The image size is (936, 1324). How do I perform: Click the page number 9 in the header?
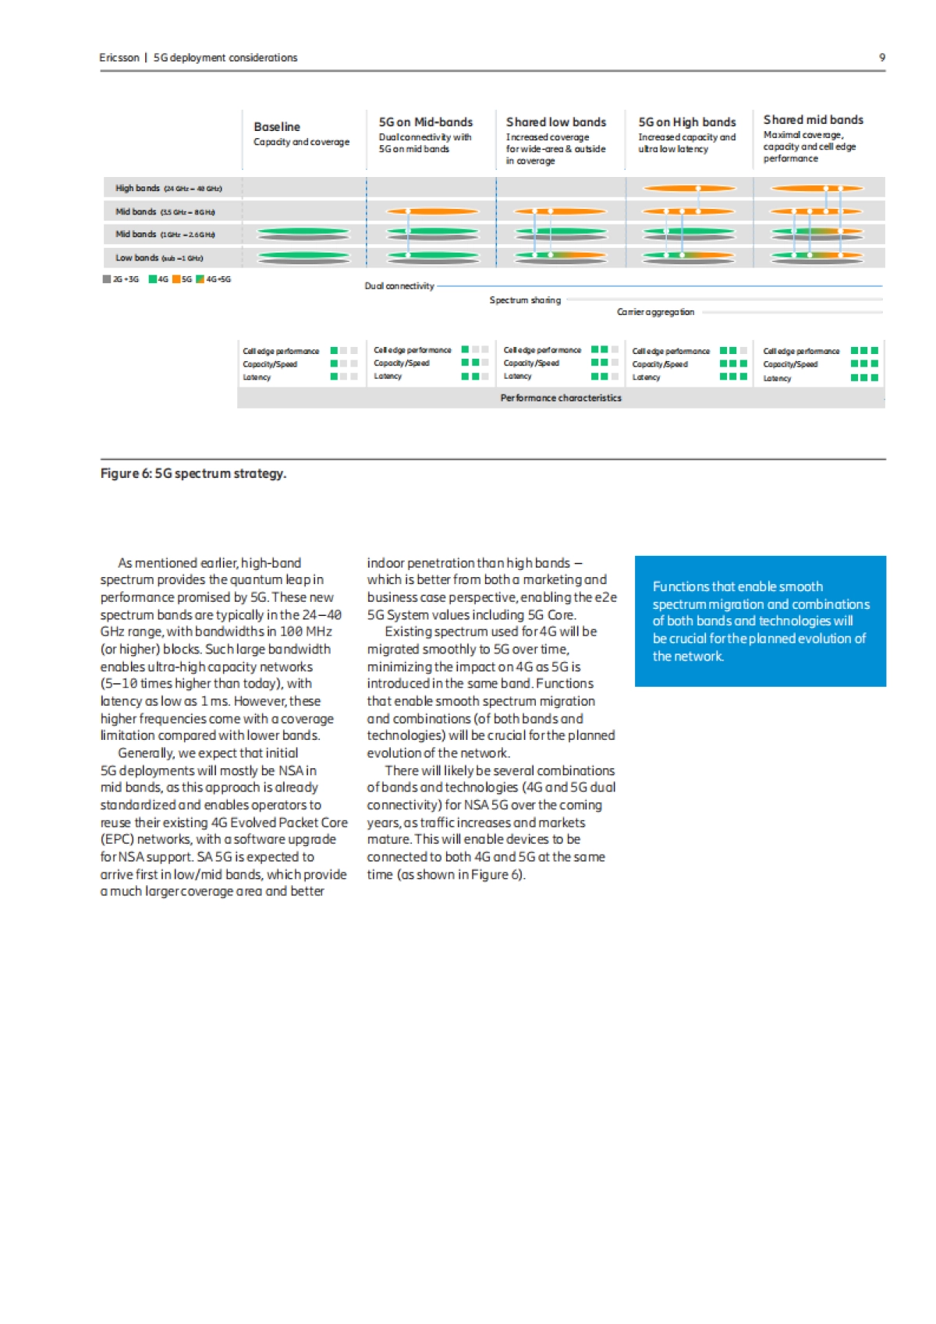[882, 57]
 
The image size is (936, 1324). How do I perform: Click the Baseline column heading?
[277, 126]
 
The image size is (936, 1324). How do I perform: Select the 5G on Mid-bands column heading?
[425, 122]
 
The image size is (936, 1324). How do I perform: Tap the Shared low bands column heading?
[555, 122]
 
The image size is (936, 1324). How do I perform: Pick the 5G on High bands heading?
[686, 122]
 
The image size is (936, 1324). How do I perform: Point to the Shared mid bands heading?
[813, 119]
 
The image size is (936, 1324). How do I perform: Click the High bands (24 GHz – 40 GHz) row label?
[168, 188]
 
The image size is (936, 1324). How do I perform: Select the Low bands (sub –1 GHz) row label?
[159, 257]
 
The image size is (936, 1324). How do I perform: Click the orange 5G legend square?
[176, 279]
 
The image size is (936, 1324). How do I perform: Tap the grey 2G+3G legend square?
[107, 279]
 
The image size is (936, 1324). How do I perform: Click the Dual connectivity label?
[399, 286]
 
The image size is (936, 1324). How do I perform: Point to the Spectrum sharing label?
[524, 299]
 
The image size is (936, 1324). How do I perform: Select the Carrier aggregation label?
[655, 312]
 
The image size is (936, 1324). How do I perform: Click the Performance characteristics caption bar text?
[561, 398]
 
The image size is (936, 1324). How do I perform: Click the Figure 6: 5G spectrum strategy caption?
[193, 473]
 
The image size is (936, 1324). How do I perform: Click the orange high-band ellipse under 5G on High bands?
[689, 188]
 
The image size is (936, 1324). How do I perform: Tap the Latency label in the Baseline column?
[256, 377]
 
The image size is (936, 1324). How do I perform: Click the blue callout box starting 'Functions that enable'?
[760, 621]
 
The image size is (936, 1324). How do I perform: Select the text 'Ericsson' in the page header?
[119, 58]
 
